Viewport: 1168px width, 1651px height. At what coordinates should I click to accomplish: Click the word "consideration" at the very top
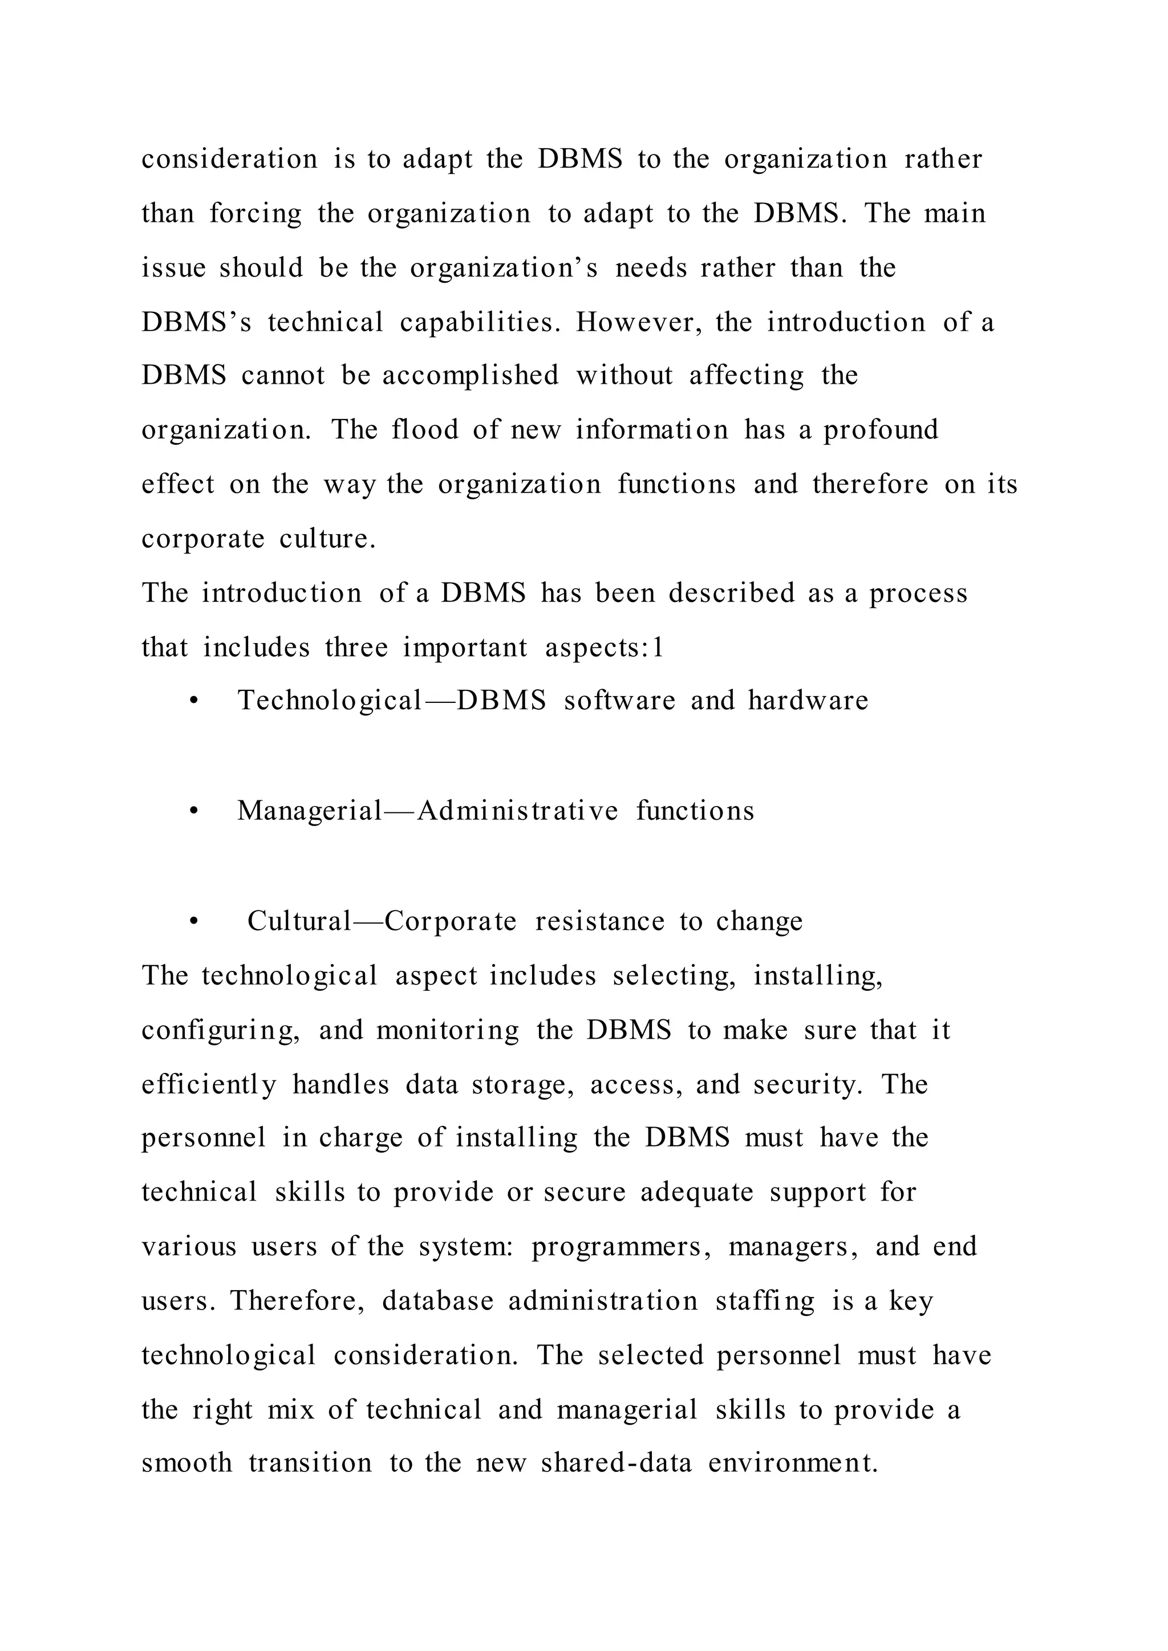(229, 159)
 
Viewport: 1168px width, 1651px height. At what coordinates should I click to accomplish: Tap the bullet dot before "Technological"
(193, 702)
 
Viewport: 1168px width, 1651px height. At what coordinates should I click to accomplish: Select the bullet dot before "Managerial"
(193, 812)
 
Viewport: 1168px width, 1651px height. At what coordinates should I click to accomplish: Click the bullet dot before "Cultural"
(193, 922)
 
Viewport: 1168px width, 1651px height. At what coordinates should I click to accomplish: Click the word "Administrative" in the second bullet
(517, 811)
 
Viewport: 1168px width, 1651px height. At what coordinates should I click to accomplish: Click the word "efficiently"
(209, 1085)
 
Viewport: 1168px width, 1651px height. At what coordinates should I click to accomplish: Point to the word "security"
(805, 1085)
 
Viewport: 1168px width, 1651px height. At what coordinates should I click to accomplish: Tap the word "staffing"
(765, 1301)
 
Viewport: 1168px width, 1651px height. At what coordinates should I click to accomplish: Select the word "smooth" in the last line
(186, 1463)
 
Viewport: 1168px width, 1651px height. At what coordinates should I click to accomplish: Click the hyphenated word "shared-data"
(617, 1463)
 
